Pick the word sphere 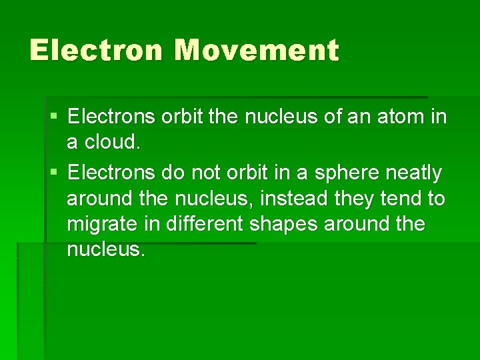coord(353,173)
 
